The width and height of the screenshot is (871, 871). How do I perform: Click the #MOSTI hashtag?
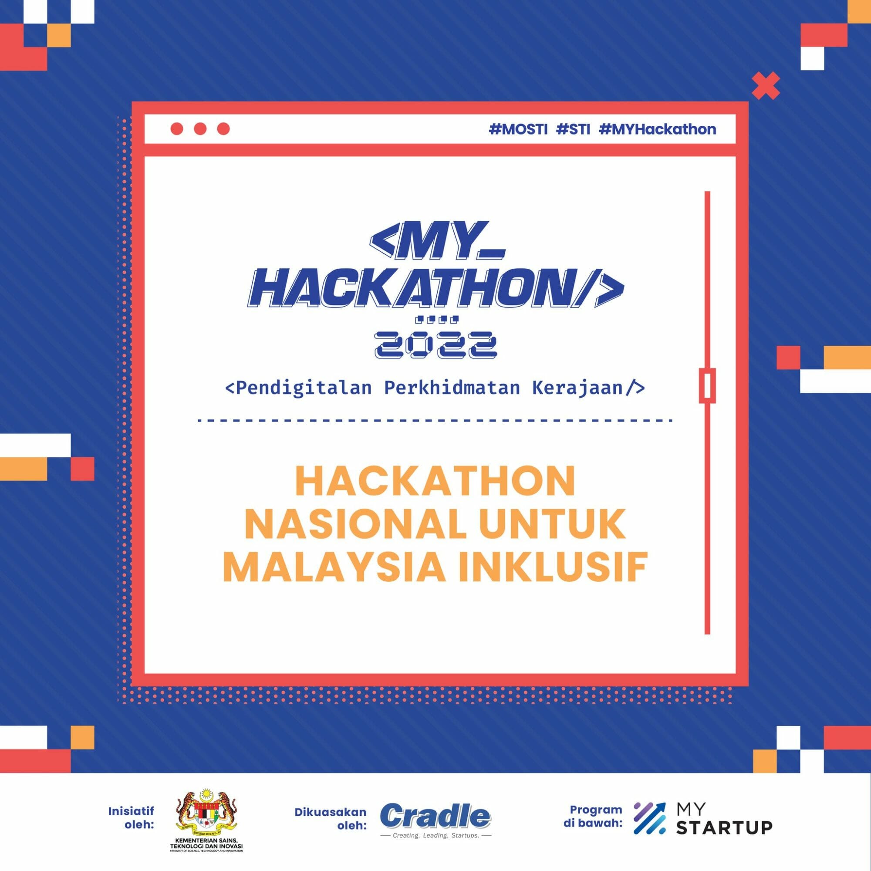click(518, 129)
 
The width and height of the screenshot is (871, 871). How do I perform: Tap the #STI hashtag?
click(573, 129)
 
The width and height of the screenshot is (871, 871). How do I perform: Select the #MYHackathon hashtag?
click(657, 129)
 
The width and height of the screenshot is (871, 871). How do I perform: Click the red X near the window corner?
click(766, 86)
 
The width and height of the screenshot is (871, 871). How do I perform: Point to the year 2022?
click(435, 345)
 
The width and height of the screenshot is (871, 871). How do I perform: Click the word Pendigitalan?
click(298, 388)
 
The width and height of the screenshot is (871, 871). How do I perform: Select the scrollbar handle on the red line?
click(707, 385)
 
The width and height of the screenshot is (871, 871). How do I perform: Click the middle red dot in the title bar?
click(200, 129)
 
